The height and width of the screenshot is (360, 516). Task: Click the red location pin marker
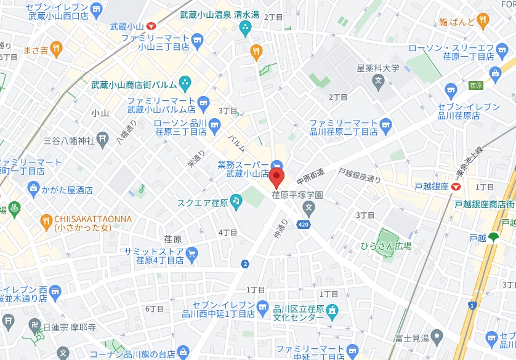(x=276, y=178)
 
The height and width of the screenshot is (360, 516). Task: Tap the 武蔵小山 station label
(x=126, y=26)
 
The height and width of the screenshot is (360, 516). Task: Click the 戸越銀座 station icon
(x=456, y=186)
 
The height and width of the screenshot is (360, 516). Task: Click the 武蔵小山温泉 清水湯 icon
(x=246, y=27)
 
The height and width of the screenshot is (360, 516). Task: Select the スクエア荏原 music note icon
(x=236, y=201)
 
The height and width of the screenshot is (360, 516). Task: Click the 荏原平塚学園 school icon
(x=308, y=207)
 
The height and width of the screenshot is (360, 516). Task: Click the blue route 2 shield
(x=246, y=264)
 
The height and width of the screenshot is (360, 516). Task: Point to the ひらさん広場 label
(x=387, y=246)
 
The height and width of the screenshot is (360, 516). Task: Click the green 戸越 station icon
(x=493, y=237)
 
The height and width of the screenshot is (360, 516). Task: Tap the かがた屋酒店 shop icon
(x=33, y=190)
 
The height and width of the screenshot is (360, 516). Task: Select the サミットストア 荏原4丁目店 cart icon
(x=191, y=252)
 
